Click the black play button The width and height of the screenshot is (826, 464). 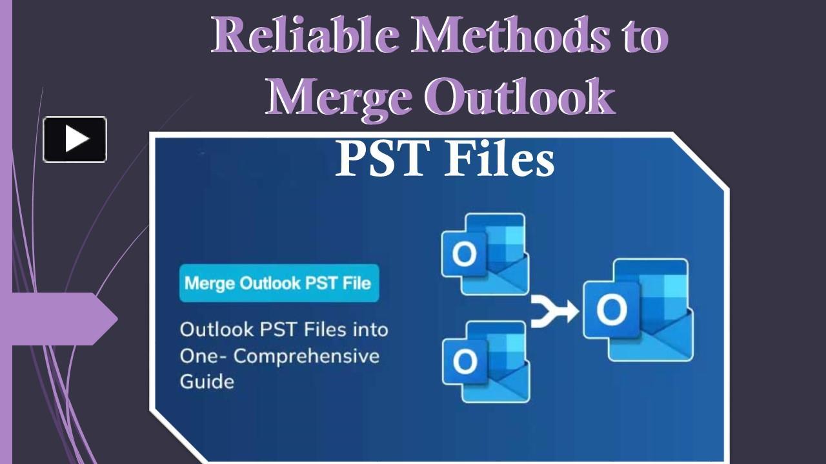click(75, 139)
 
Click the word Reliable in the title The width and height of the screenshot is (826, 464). click(305, 35)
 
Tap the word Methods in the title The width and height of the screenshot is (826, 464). click(510, 35)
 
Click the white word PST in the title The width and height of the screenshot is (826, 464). click(383, 159)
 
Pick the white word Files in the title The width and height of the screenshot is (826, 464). click(499, 159)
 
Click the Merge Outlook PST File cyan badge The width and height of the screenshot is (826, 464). click(279, 283)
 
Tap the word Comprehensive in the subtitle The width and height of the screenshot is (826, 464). click(307, 357)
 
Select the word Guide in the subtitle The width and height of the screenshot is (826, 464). click(207, 382)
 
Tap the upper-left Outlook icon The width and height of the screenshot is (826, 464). click(485, 254)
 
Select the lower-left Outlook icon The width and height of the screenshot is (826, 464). click(486, 362)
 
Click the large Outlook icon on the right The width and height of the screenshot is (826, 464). click(638, 310)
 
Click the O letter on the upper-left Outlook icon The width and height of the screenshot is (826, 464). click(464, 254)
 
